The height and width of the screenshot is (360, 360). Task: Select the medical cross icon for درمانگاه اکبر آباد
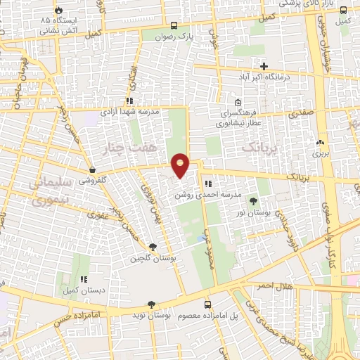point(264,66)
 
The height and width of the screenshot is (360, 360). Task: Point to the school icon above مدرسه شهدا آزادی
point(129,101)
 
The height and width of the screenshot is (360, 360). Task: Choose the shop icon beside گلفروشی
point(92,169)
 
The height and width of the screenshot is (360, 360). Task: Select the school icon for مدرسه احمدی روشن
point(207,184)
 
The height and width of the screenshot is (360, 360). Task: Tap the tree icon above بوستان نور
point(253,201)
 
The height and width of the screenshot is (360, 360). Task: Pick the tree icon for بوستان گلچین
point(153,246)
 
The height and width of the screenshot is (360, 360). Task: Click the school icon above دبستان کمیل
point(82,279)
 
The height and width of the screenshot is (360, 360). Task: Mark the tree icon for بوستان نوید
point(150,304)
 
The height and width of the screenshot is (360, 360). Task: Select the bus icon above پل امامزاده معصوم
point(207,304)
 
